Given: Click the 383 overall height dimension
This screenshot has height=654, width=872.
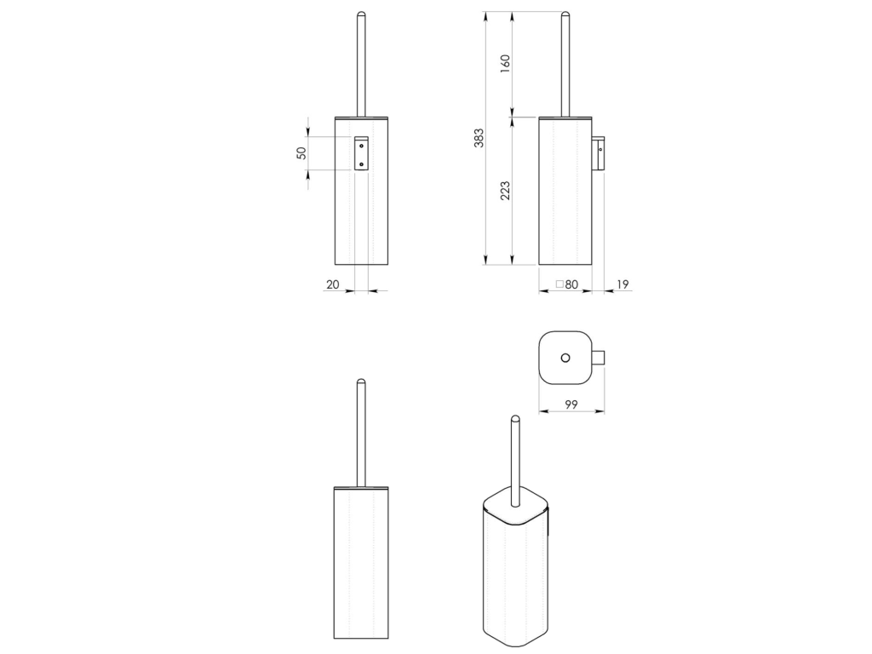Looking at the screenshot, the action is (x=479, y=138).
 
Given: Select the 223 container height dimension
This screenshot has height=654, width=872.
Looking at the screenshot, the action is (x=505, y=191).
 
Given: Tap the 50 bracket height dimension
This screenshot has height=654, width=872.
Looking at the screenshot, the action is (x=301, y=153).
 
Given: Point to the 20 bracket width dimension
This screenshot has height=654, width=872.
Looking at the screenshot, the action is (x=333, y=284).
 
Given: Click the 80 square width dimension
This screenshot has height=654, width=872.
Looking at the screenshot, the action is (x=571, y=284).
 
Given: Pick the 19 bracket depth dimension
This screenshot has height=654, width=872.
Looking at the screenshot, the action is (x=622, y=284).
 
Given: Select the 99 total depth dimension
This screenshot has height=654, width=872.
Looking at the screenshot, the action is (x=571, y=404).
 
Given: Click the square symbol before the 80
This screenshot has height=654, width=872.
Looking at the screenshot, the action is (x=559, y=284).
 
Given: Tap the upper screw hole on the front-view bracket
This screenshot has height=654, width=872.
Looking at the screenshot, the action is (x=361, y=145).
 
